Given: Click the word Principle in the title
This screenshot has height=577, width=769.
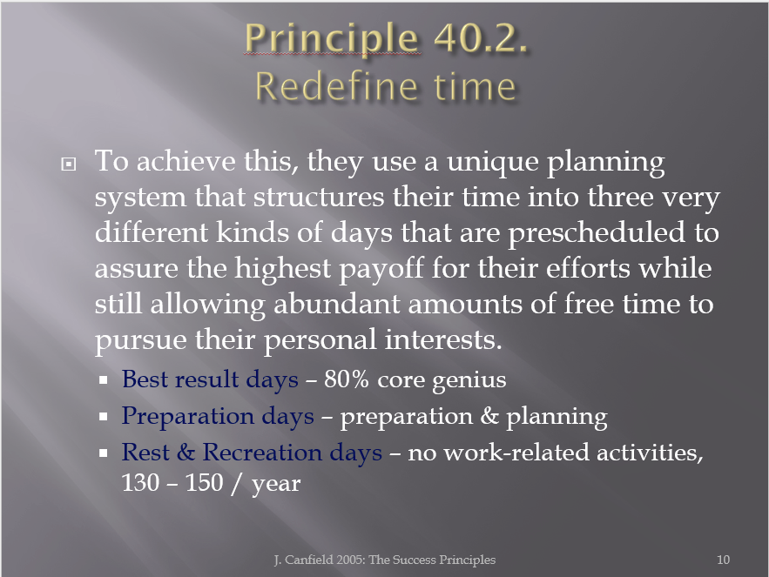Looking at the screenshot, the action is coord(332,38).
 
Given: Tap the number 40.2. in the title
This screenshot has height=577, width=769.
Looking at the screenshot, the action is coord(481,37).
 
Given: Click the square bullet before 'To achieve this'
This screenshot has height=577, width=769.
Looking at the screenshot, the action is coord(68,164).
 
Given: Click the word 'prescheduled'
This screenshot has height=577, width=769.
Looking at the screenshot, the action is coord(596,233).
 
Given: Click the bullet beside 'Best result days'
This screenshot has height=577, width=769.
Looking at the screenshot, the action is coord(103,380).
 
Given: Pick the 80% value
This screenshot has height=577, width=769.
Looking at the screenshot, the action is coord(347,379).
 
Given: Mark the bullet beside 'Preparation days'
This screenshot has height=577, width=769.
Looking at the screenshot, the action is coord(103,417).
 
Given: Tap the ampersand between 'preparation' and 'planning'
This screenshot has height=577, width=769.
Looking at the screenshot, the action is coord(489,415).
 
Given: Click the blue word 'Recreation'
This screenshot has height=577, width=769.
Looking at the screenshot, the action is coord(262,452).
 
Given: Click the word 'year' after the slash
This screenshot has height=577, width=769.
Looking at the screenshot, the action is coord(276,485).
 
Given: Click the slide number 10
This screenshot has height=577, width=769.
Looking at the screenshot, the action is coord(723,560).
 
